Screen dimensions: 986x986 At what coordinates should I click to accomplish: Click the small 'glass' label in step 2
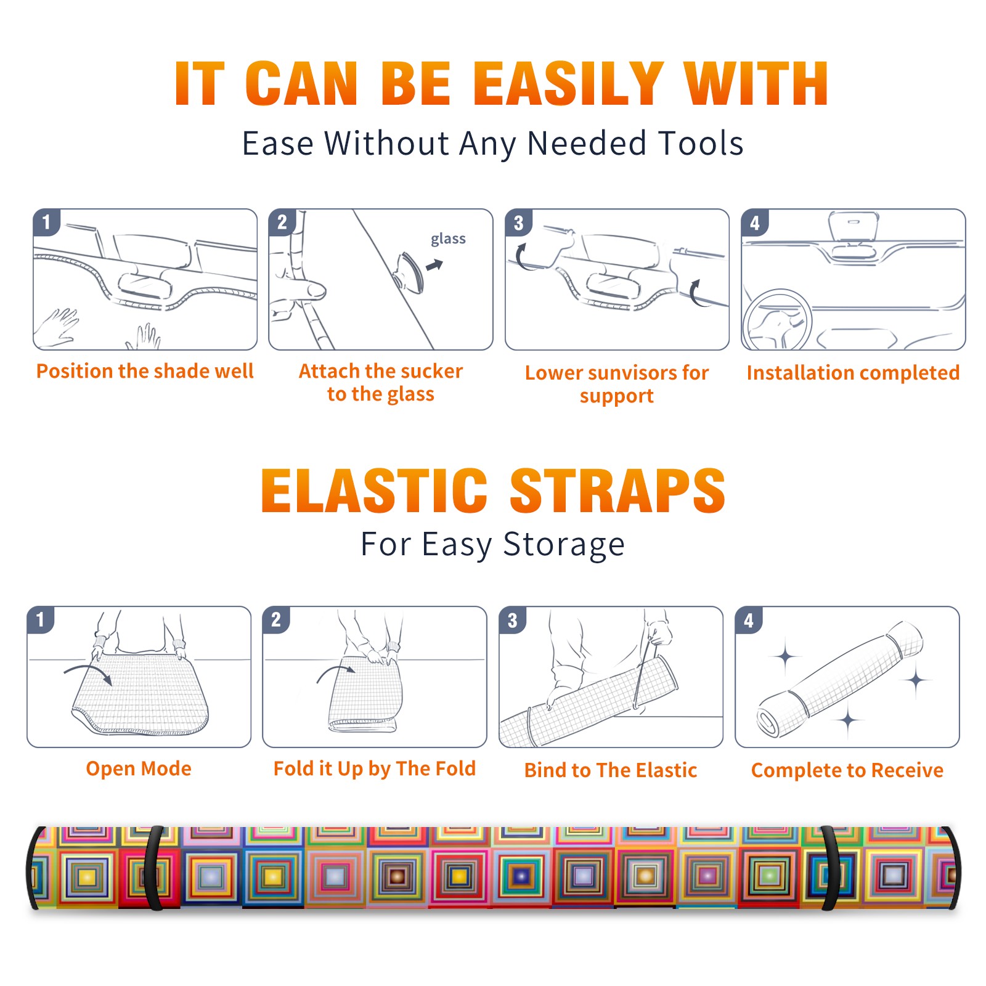(448, 239)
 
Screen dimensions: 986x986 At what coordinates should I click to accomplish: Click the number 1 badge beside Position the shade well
(46, 222)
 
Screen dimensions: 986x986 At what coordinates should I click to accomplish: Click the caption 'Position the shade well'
(145, 371)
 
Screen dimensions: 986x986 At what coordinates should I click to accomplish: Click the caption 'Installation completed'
(853, 373)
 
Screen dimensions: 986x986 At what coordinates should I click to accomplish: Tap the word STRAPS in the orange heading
(617, 491)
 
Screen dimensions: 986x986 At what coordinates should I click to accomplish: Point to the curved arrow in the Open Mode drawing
(88, 672)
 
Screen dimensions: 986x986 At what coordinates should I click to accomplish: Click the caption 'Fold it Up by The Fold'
(375, 768)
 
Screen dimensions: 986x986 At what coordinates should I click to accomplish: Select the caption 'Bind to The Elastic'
(611, 770)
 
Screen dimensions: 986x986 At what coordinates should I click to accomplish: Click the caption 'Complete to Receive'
(847, 770)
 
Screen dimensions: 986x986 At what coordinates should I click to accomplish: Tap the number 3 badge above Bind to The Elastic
(512, 620)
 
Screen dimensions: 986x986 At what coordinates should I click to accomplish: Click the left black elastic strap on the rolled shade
(155, 868)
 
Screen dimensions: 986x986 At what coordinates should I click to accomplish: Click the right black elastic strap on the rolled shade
(831, 868)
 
